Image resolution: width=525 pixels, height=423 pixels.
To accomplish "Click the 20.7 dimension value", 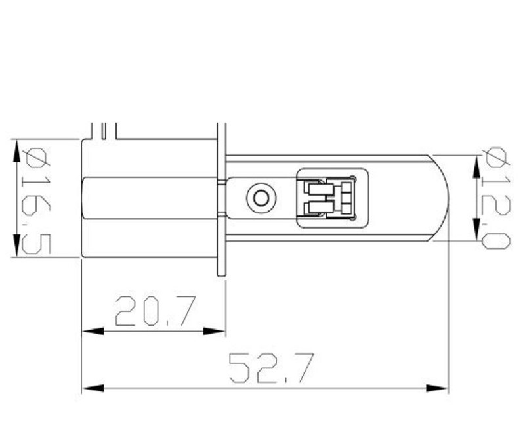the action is [x=156, y=311].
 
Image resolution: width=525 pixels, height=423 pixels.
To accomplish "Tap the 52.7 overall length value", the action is [x=272, y=368].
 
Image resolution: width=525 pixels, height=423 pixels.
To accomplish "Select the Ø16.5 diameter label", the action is [x=36, y=201].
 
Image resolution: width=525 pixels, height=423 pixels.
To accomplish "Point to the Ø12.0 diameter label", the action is [x=496, y=198].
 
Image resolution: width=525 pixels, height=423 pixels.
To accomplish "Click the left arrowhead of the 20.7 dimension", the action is [x=93, y=331].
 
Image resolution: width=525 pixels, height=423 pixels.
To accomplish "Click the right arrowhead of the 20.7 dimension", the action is [x=215, y=331].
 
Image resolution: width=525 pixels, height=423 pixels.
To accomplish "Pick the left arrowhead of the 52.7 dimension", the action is [x=93, y=388].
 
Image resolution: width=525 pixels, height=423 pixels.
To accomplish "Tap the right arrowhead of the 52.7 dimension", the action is [x=437, y=388].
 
